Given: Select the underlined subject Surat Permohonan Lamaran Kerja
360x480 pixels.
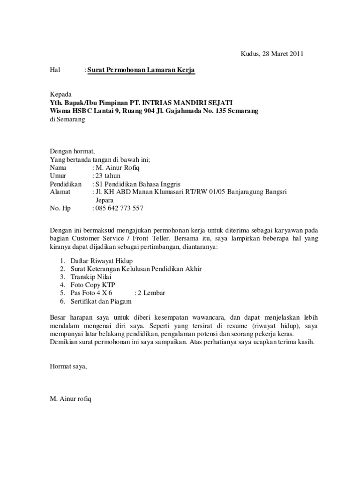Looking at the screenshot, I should pos(141,70).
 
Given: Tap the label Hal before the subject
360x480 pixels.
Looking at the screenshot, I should pos(55,70).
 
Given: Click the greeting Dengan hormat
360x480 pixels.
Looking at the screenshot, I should pos(72,151).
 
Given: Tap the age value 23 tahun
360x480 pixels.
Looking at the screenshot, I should pos(108,176).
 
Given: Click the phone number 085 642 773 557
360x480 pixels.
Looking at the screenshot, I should pos(119,208).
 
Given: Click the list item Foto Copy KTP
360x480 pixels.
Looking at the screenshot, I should pos(92,285).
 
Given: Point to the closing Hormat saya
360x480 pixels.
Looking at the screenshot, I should pos(68,366).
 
